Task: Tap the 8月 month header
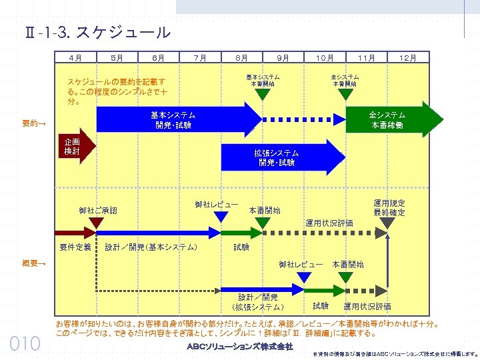[242, 58]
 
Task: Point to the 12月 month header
[407, 58]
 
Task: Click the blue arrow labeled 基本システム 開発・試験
[173, 120]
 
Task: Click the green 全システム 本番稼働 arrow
[393, 120]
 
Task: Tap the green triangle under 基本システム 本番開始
[263, 95]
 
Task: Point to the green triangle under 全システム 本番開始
[345, 95]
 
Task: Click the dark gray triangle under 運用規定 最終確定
[387, 223]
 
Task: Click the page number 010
[25, 344]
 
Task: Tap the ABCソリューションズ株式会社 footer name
[239, 347]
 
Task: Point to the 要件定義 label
[75, 247]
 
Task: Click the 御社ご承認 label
[97, 210]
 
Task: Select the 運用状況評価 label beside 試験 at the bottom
[367, 307]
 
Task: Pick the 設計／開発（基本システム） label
[151, 247]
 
